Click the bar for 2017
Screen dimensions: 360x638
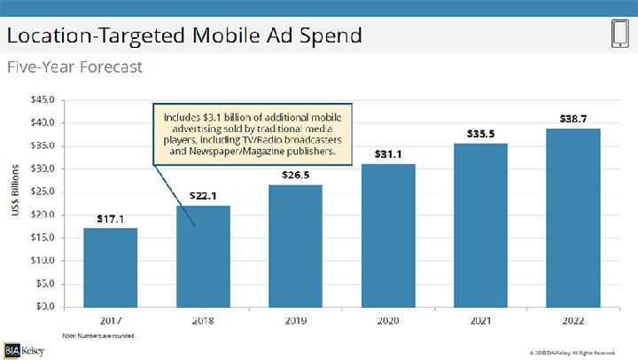[110, 267]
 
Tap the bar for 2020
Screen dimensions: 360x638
[388, 235]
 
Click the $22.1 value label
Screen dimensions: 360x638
[203, 195]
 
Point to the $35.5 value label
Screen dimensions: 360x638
[480, 134]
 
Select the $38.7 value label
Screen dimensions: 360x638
[572, 118]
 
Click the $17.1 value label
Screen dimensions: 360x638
[110, 218]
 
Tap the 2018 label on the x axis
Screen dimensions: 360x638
[203, 319]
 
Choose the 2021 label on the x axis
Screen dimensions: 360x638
[480, 319]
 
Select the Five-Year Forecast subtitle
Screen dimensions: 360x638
[74, 67]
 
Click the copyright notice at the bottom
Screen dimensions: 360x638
[567, 353]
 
